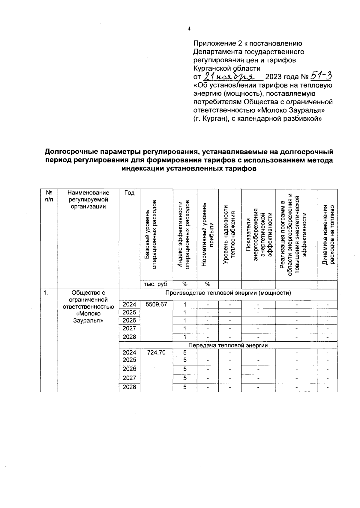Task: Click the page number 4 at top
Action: tap(189, 29)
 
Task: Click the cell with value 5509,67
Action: tap(156, 305)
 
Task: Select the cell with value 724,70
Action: tap(156, 352)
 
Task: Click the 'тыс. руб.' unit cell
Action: tap(156, 284)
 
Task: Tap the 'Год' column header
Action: tap(129, 193)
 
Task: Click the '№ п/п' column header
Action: tap(49, 196)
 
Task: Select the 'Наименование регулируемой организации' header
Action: tap(88, 200)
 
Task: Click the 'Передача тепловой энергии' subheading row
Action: tap(228, 345)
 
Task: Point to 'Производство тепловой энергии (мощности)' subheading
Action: tap(228, 293)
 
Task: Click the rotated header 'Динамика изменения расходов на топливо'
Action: tap(328, 235)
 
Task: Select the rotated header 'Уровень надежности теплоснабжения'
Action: tap(230, 235)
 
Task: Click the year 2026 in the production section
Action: tap(129, 320)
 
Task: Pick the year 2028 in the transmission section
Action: tap(129, 387)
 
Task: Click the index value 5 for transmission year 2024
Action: tap(185, 352)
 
